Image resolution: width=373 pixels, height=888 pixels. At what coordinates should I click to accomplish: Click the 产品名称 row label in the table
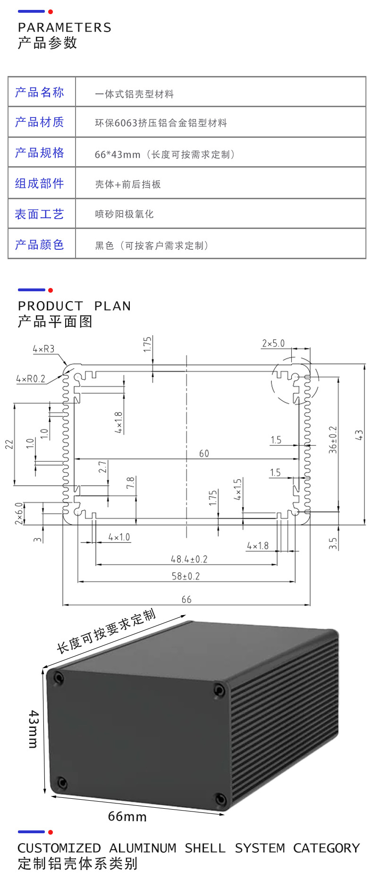pos(40,92)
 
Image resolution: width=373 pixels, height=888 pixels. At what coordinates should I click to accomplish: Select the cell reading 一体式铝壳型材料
pos(134,94)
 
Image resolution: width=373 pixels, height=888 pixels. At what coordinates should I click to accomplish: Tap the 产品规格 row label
pos(40,152)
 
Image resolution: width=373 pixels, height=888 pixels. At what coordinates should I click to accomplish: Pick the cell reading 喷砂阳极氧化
pos(124,214)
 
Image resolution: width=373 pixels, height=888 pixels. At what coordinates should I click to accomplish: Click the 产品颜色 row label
pos(40,245)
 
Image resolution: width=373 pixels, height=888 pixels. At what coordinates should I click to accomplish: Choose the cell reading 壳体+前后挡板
pos(128,184)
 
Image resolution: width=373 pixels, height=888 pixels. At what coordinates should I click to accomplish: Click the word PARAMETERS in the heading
pos(65,27)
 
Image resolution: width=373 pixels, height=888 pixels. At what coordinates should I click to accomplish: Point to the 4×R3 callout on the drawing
pos(43,349)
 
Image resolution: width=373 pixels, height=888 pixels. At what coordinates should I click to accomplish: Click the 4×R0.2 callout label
pos(31,379)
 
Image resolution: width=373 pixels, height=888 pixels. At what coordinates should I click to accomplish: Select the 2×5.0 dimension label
pos(273,343)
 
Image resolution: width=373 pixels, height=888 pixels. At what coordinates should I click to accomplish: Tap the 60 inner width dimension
pos(204,453)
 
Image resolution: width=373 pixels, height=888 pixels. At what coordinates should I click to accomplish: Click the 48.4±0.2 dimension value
pos(189,559)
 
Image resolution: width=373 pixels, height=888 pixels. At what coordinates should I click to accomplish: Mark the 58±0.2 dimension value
pos(186,576)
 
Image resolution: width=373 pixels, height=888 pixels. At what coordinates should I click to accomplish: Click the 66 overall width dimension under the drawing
pos(186,599)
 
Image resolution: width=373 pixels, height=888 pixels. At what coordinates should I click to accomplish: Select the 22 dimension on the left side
pos(9,444)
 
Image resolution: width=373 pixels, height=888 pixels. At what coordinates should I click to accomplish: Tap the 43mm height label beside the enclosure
pos(33,728)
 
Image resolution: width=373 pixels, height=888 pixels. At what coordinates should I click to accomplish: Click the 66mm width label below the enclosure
pos(127,816)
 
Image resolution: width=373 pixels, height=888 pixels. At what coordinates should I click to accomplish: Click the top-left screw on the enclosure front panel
pos(59,678)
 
